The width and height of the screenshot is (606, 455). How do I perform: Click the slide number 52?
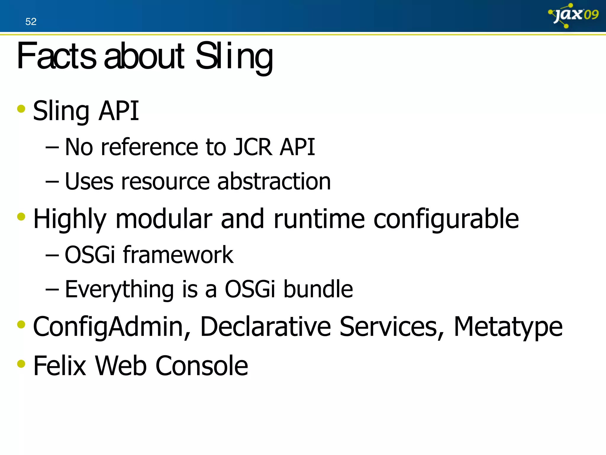[31, 22]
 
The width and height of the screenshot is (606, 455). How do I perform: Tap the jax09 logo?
[573, 15]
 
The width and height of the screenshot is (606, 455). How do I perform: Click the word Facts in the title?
[57, 56]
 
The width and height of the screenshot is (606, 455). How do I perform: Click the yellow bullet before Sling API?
[21, 109]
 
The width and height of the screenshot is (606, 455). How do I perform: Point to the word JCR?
[252, 147]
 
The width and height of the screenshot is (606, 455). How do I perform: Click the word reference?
[149, 147]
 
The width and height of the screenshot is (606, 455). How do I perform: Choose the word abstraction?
[274, 181]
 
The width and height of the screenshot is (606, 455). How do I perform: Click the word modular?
[164, 219]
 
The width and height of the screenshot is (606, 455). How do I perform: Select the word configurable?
[446, 219]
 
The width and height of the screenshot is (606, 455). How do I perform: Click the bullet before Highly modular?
[21, 217]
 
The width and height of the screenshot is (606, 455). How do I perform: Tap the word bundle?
[318, 289]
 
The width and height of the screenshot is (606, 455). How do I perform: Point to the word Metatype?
[508, 327]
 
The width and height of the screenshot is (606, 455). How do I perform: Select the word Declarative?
[265, 326]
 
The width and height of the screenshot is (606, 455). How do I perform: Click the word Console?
[202, 366]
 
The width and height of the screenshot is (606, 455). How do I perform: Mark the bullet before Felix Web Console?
[21, 363]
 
